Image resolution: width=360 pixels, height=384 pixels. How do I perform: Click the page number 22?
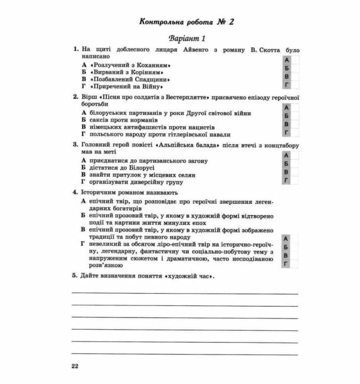[74, 366]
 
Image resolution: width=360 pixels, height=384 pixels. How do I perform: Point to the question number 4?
[75, 193]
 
